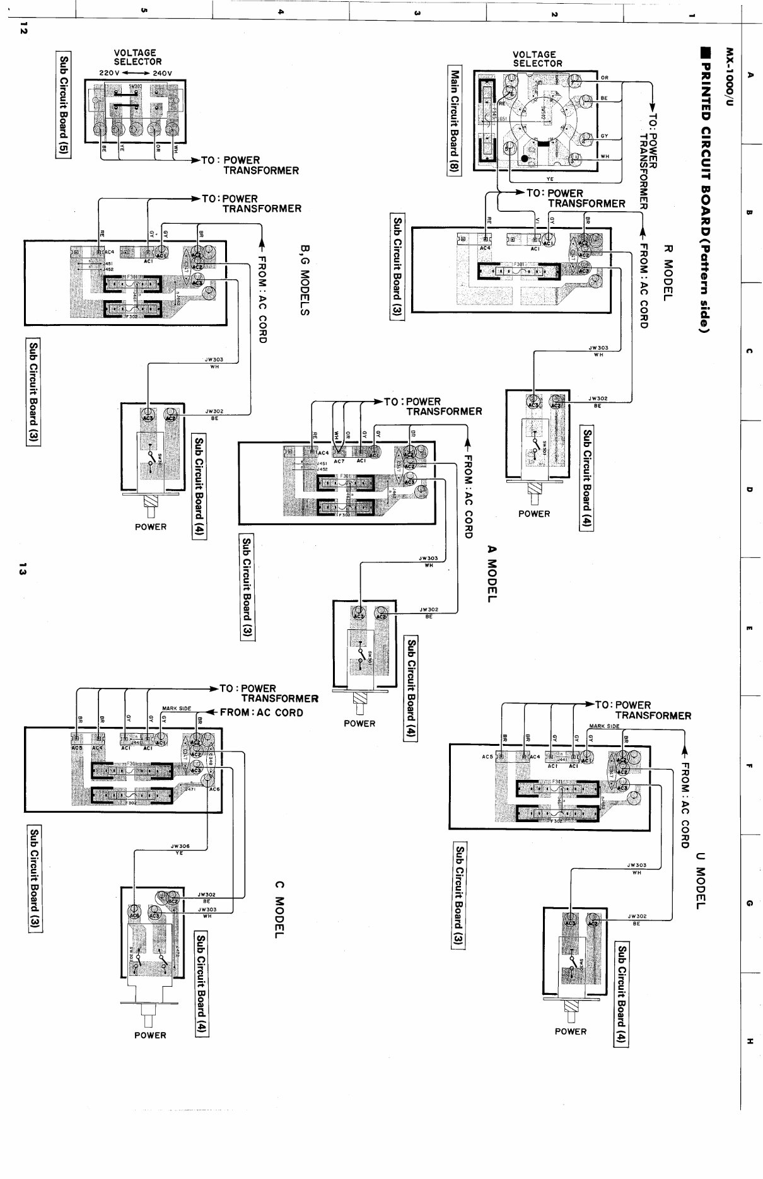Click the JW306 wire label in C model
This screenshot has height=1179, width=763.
click(x=180, y=846)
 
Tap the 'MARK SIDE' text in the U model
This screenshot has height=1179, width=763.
click(x=604, y=726)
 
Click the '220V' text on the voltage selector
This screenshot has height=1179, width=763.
click(x=110, y=73)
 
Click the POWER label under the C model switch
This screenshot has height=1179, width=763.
click(x=150, y=1035)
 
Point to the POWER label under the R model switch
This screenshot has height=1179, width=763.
click(x=534, y=514)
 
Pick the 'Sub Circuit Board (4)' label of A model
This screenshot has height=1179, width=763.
click(x=411, y=689)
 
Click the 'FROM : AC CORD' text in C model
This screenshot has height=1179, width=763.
click(x=261, y=712)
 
